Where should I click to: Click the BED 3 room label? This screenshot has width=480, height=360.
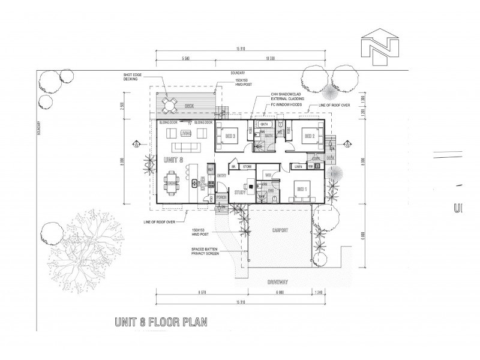pos(230,136)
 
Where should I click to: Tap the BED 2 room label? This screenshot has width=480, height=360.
pos(310,136)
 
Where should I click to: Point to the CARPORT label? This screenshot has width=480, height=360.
pos(280,230)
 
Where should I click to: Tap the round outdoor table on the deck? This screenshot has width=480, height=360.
pos(169,106)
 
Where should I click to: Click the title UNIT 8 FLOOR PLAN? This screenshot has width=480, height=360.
pos(160,322)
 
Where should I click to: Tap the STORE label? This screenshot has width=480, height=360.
pos(246,166)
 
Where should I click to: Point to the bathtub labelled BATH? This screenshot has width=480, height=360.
pos(265,125)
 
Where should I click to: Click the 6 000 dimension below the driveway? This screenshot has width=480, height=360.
pos(280,292)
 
